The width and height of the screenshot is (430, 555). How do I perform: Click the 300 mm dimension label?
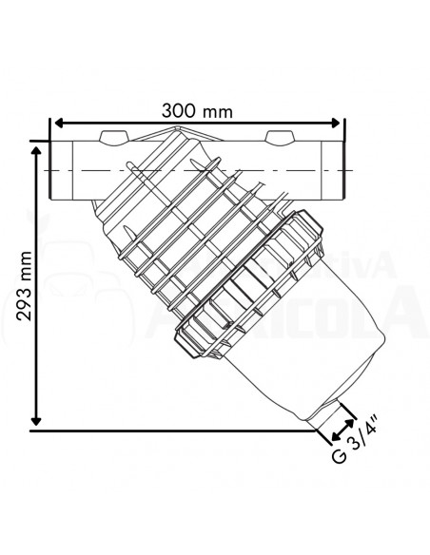196,111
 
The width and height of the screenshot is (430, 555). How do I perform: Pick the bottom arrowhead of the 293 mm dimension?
38,421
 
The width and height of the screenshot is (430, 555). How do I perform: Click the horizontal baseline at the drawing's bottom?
171,431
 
